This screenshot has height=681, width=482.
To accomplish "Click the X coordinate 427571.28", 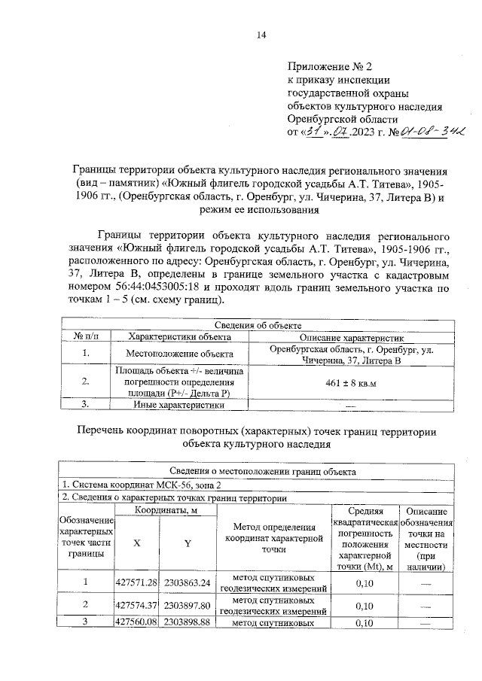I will (136, 582).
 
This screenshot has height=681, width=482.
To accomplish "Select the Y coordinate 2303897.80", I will (187, 605).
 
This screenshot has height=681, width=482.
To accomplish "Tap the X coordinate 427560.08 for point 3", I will (136, 622).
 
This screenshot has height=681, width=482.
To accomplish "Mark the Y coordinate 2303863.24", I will (187, 582).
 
